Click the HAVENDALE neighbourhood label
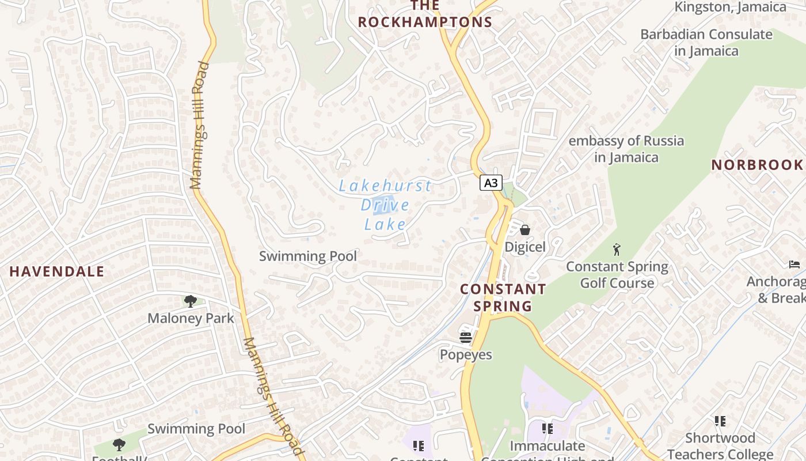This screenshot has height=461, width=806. coord(57,271)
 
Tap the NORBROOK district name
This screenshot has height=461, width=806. coord(757,165)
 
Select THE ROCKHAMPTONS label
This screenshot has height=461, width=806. coord(425,14)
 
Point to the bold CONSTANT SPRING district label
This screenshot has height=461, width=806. coord(503,297)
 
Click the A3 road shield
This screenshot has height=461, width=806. coord(491,183)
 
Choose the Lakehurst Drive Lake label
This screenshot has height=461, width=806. coord(385,205)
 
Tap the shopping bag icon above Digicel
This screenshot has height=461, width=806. coord(525,230)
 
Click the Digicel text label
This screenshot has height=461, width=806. coord(525,247)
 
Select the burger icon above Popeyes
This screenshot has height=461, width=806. coord(466,337)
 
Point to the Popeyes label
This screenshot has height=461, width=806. coord(466,354)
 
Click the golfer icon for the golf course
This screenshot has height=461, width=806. coord(617,250)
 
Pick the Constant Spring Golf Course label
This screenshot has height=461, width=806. coord(617,275)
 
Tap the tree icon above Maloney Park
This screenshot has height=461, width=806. coord(191,301)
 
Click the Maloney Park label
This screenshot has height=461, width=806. coord(191,318)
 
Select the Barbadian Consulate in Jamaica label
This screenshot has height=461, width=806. coord(706,43)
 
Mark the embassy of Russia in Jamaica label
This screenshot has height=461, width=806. coord(626,149)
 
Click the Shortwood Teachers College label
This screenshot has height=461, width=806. coord(720,447)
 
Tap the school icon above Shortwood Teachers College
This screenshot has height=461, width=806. coord(720,421)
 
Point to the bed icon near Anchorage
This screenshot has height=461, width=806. coord(794,264)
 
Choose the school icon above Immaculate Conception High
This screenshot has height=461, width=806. coord(547,429)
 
